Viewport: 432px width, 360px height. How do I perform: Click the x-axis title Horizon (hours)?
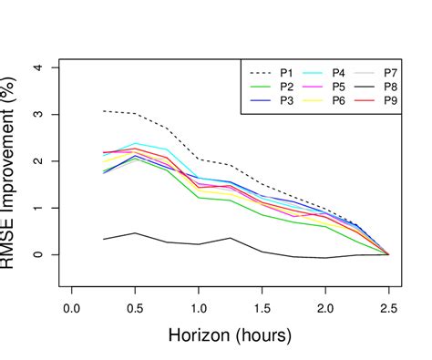point(230,336)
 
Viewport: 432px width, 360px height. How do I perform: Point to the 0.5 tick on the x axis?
point(135,307)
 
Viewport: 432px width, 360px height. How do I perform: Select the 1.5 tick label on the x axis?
point(262,307)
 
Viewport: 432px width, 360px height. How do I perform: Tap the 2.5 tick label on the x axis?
point(389,307)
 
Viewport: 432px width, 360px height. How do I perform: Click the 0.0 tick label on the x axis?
point(71,307)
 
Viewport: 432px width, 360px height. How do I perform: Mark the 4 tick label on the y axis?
point(37,67)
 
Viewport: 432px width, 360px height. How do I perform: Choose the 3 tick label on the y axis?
point(37,114)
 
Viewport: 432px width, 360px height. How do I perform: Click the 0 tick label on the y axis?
point(37,254)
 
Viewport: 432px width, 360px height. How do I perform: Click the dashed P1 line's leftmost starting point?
point(103,111)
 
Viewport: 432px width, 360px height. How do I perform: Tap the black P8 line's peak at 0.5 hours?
point(135,233)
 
